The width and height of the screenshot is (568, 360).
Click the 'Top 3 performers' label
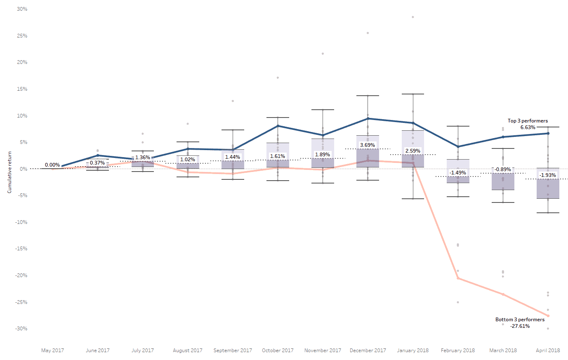[528, 121]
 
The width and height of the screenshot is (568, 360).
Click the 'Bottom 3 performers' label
[520, 320]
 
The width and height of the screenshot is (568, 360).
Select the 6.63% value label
[528, 127]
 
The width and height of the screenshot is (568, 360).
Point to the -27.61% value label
[520, 326]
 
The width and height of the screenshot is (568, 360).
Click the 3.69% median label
[368, 145]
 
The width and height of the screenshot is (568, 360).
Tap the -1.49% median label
[458, 173]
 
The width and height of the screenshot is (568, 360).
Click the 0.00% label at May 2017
[52, 165]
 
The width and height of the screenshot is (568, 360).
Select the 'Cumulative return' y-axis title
[9, 172]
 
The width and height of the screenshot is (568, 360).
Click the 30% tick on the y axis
[22, 9]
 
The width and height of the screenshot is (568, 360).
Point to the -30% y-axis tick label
[21, 329]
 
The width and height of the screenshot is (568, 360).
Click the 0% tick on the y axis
[24, 169]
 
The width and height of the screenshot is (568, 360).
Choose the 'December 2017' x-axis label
[368, 351]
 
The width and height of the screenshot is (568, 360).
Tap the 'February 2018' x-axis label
[457, 351]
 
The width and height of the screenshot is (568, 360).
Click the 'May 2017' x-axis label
[52, 351]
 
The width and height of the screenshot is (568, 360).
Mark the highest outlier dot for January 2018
[412, 17]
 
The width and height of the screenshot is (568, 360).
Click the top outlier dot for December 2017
[368, 33]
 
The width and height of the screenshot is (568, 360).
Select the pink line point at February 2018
[458, 278]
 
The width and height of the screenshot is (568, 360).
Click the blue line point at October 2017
[278, 126]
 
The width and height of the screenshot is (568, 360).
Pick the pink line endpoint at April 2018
[548, 316]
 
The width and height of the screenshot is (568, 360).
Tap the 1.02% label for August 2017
[188, 160]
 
